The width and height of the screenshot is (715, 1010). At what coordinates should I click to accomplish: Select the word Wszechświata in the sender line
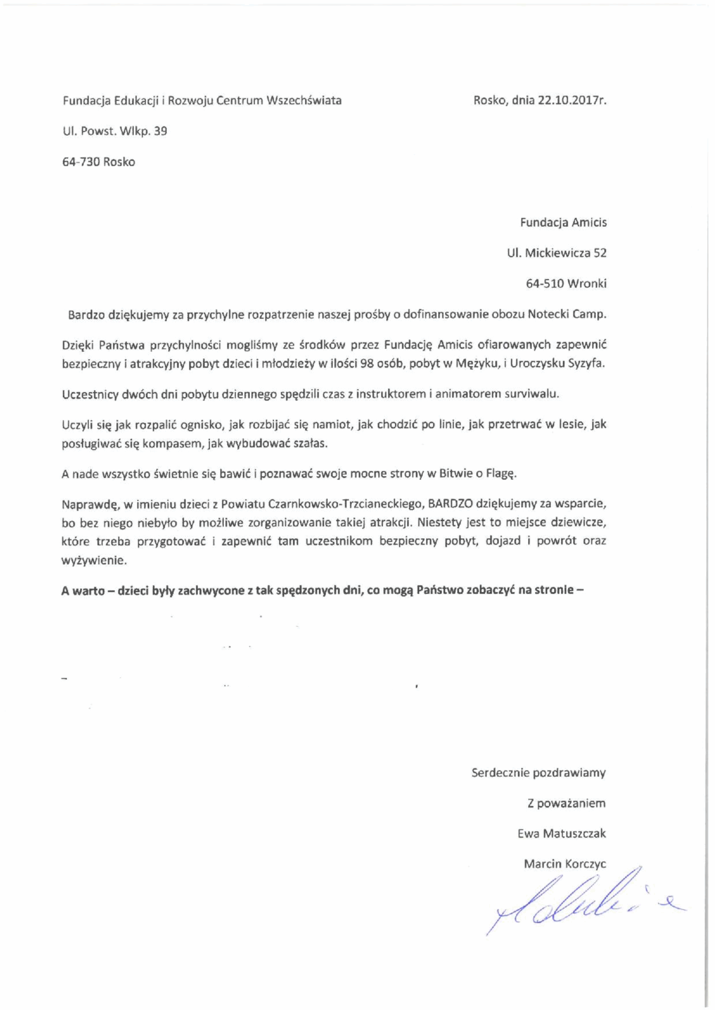coord(304,100)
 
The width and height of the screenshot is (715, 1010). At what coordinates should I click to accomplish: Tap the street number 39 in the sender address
coord(160,131)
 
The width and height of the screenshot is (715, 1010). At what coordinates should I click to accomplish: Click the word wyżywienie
coord(94,561)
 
